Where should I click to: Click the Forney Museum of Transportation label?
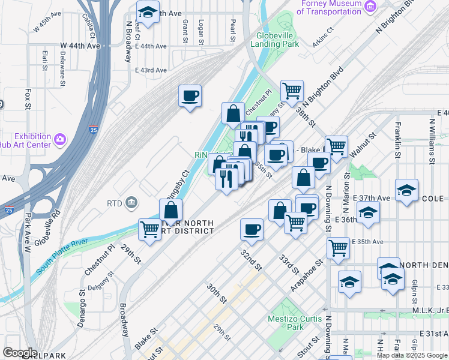point(331,8)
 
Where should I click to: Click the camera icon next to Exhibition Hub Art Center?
point(59,140)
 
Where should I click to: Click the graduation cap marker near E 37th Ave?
point(407,191)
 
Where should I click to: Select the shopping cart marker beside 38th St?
point(292,91)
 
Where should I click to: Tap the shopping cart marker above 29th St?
point(149,229)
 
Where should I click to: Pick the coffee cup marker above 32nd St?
point(252,229)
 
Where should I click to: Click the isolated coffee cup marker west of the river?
point(190,95)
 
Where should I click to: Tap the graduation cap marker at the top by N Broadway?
point(147,12)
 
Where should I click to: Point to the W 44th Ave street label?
point(80,46)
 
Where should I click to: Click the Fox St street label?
point(28,99)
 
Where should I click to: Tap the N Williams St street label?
point(432,141)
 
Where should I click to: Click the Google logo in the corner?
point(20,353)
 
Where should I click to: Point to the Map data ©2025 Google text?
point(412,355)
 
